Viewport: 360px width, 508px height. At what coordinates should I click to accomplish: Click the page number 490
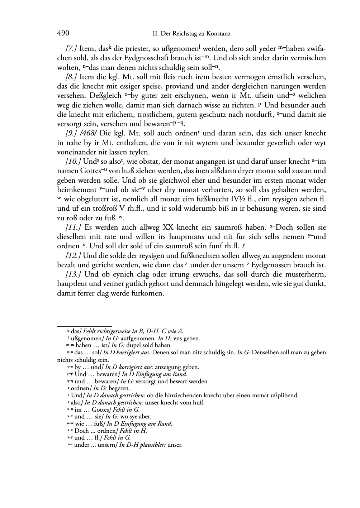[63, 33]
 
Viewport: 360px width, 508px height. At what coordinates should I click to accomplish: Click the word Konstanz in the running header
[217, 34]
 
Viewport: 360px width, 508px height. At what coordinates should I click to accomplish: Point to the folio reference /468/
[89, 133]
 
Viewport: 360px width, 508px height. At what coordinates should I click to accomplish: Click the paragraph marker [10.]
[73, 162]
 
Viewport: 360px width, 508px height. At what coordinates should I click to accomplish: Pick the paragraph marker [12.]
[73, 256]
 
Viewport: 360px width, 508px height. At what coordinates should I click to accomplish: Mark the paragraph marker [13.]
[73, 274]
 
